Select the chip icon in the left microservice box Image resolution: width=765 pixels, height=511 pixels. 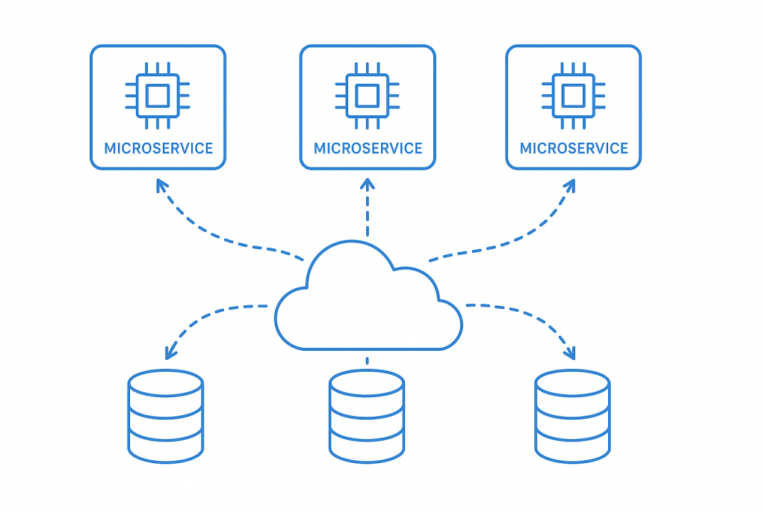point(157,96)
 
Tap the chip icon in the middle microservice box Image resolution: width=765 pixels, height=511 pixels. point(367,96)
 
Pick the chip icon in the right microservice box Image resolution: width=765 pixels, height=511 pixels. point(573,96)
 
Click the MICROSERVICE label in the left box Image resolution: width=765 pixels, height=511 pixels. point(158,148)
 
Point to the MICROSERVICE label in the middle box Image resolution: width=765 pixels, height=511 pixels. point(368,148)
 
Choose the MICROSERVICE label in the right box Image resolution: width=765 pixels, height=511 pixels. point(574,148)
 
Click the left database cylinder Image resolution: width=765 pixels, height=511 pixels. point(165,414)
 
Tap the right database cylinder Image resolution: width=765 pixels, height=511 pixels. point(572,416)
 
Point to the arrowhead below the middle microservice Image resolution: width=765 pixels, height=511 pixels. point(367,183)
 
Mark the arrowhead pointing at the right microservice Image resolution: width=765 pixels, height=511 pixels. point(570,184)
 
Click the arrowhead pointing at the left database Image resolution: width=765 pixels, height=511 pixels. point(171,352)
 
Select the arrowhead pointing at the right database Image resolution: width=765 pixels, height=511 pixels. point(570,352)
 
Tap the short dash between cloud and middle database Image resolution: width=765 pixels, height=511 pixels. point(367,361)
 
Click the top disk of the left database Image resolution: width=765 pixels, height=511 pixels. point(165,383)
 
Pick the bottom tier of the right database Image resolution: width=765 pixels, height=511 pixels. point(572,447)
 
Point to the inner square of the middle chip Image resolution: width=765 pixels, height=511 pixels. point(367,96)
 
